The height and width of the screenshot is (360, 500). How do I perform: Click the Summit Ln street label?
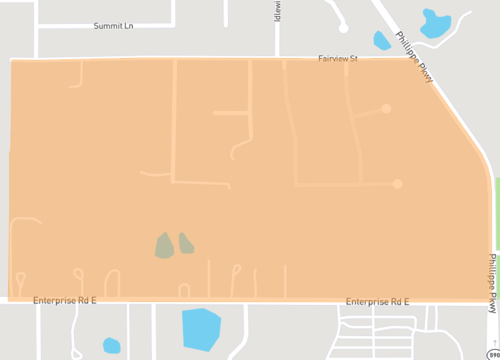click(x=112, y=26)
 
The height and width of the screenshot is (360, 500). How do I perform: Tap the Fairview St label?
click(x=338, y=59)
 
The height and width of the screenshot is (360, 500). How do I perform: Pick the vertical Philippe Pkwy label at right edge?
click(x=492, y=283)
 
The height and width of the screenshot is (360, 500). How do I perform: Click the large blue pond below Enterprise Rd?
click(x=201, y=328)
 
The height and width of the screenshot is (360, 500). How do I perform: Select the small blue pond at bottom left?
click(x=111, y=346)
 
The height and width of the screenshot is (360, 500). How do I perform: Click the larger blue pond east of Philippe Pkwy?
click(x=435, y=22)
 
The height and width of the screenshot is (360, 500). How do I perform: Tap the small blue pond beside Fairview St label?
click(x=382, y=40)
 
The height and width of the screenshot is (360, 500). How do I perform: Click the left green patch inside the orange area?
click(x=163, y=245)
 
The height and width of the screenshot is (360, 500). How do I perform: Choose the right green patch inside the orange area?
click(x=186, y=242)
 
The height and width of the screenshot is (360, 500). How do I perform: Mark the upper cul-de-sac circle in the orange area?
click(x=386, y=108)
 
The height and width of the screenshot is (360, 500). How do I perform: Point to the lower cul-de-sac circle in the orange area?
click(x=398, y=184)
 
